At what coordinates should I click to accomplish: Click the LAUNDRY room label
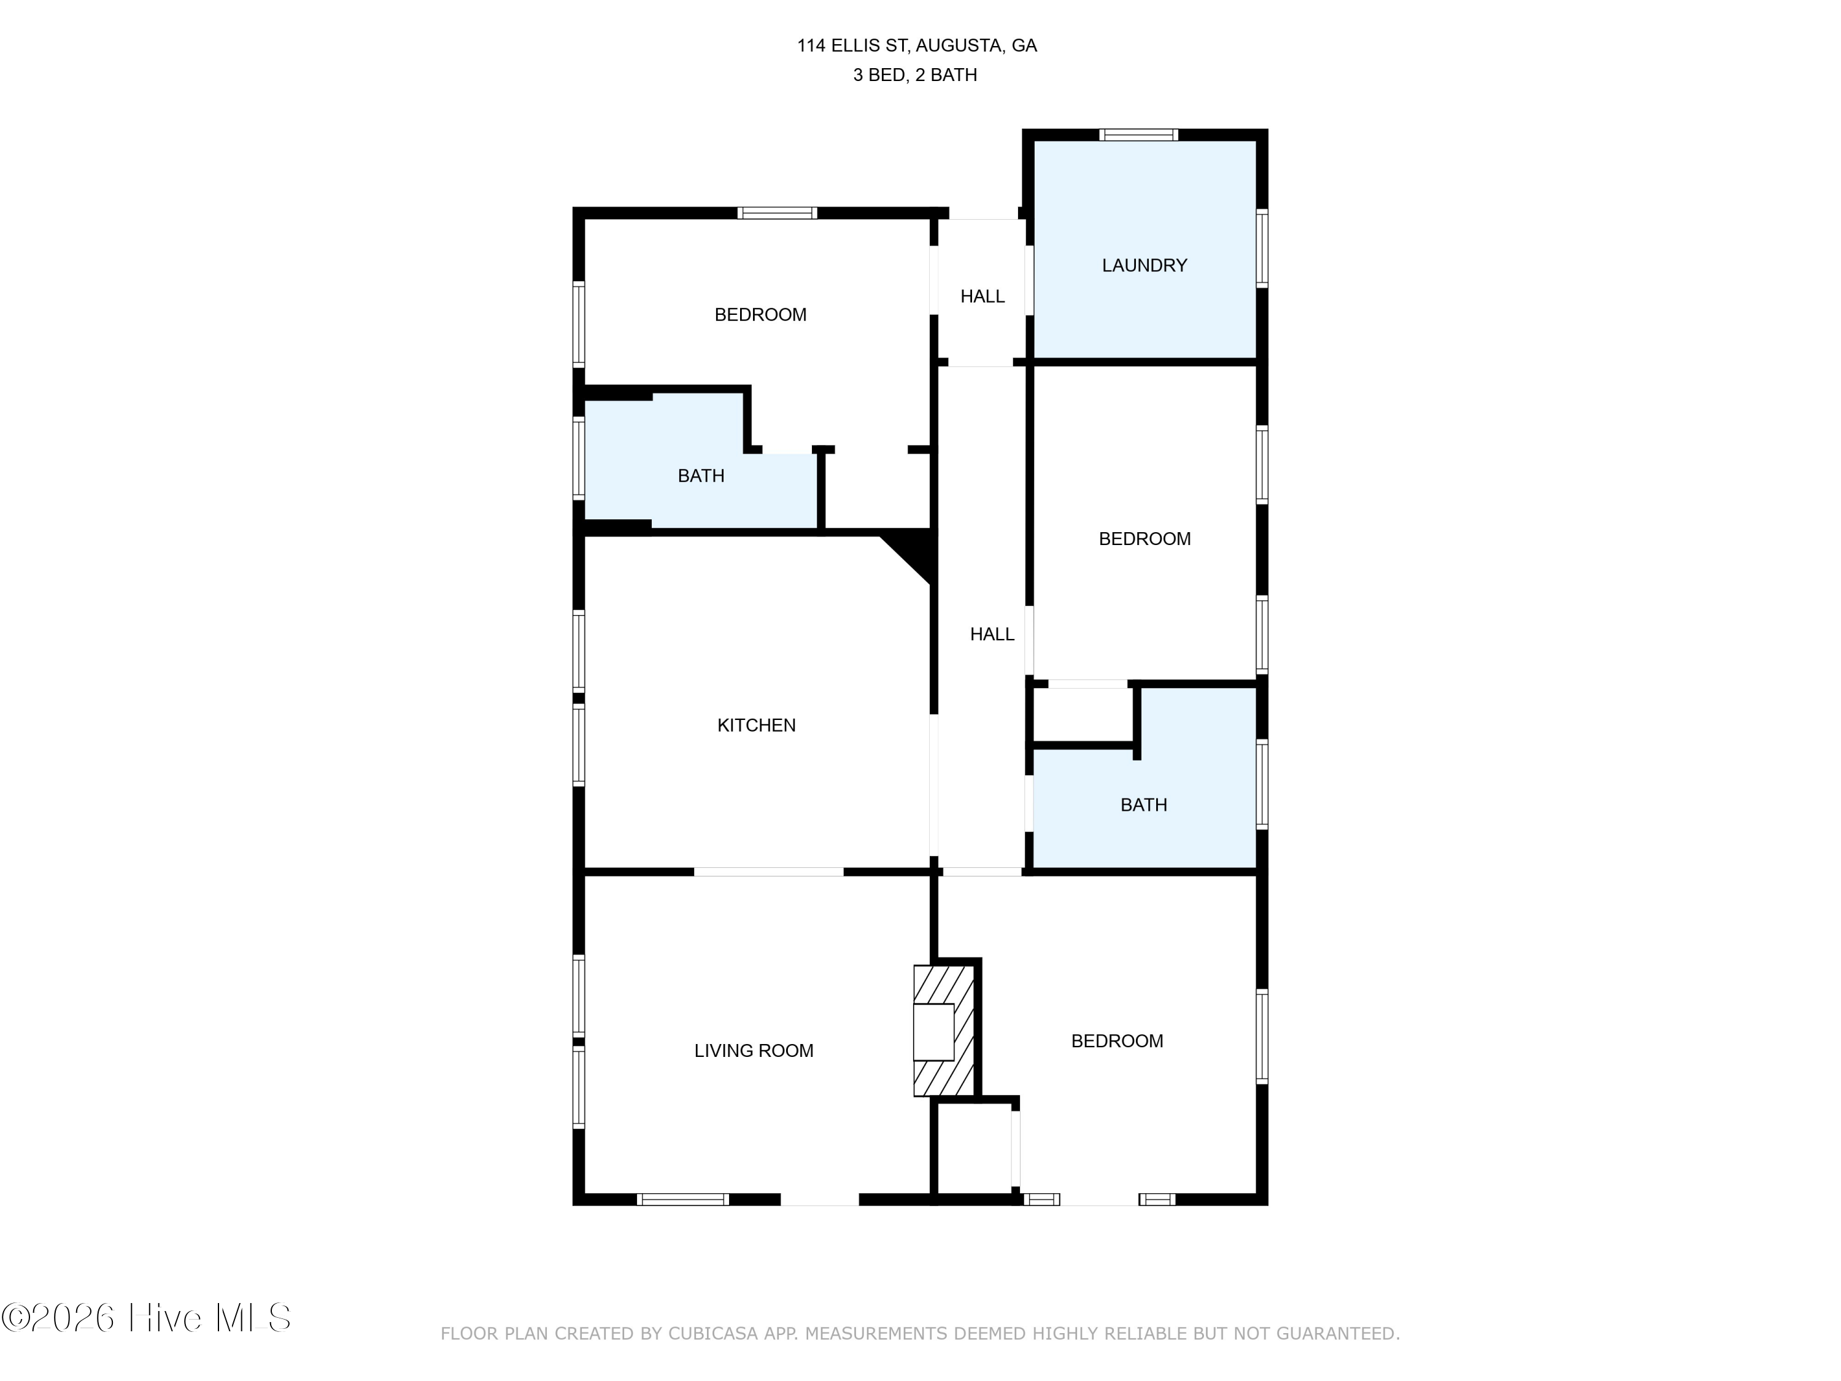pos(1144,266)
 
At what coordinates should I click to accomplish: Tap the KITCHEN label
pos(757,725)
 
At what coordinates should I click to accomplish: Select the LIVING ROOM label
pos(754,1051)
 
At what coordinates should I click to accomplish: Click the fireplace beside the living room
pos(944,1031)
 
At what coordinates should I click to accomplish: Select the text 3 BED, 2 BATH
pos(916,75)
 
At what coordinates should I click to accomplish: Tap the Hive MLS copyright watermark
pos(147,1318)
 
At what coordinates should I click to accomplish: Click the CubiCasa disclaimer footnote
pos(920,1334)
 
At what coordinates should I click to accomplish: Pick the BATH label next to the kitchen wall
pos(701,476)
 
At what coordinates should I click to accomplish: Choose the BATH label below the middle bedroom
pos(1143,805)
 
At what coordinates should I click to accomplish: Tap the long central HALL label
pos(992,634)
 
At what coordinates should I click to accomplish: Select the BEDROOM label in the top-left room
pos(761,315)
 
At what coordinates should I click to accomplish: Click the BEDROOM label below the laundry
pos(1144,538)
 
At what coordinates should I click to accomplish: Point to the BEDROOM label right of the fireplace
pos(1117,1040)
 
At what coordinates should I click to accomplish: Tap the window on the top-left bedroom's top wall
pos(778,213)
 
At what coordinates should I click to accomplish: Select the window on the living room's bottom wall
pos(683,1199)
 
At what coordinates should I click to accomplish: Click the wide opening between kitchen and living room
pos(769,872)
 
